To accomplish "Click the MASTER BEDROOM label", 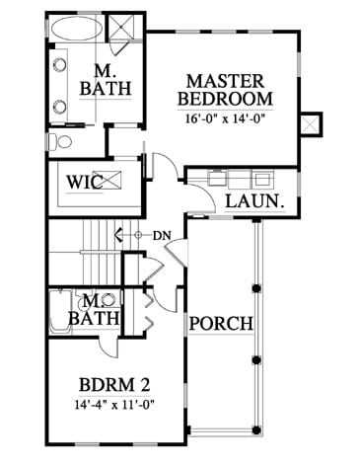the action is (226, 90).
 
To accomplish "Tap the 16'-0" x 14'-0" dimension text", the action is (226, 117).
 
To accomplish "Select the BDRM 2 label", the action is (114, 384).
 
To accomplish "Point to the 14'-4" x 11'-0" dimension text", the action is (114, 404).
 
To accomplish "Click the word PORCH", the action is (221, 324).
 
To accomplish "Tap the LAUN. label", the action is (254, 201).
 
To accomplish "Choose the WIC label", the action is (85, 182).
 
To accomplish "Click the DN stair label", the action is (162, 236).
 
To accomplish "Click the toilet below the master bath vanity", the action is (60, 142).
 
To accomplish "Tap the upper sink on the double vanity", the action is (59, 65).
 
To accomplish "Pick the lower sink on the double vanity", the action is (59, 107).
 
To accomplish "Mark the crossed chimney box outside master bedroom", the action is (310, 124).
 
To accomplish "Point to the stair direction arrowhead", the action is (117, 235).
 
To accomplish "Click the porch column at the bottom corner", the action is (256, 429).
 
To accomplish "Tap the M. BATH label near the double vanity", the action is (106, 80).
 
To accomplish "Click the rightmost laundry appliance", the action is (262, 179).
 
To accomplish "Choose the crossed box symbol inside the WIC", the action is (111, 181).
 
